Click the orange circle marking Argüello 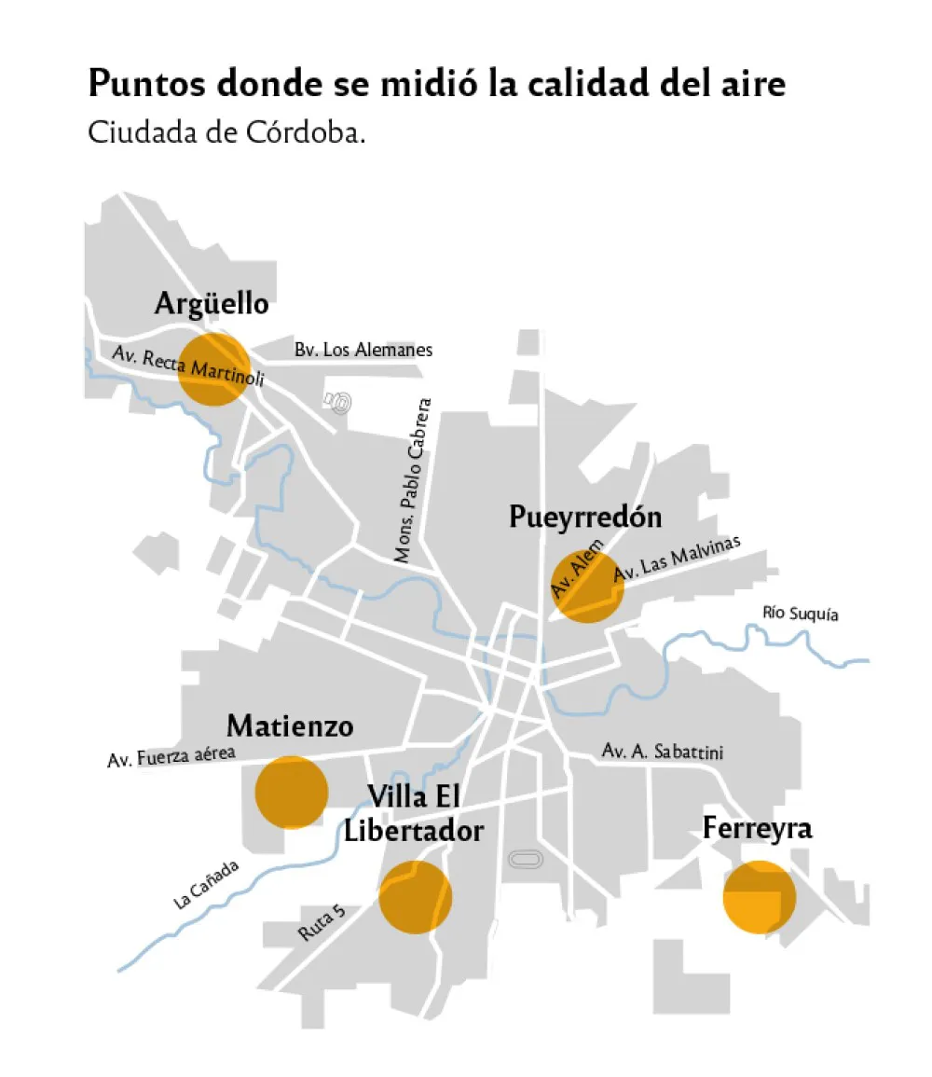213,368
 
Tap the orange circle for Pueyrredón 587,586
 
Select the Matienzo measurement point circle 291,792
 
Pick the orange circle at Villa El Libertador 416,896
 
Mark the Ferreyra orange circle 760,897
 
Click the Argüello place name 212,304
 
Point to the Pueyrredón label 585,518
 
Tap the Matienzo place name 290,725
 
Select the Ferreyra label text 757,828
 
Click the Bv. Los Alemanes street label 363,351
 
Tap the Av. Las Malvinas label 677,559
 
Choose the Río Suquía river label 800,614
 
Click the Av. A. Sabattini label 663,752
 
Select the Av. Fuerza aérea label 171,756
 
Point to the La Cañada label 206,884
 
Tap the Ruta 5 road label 322,922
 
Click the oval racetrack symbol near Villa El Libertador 525,859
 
